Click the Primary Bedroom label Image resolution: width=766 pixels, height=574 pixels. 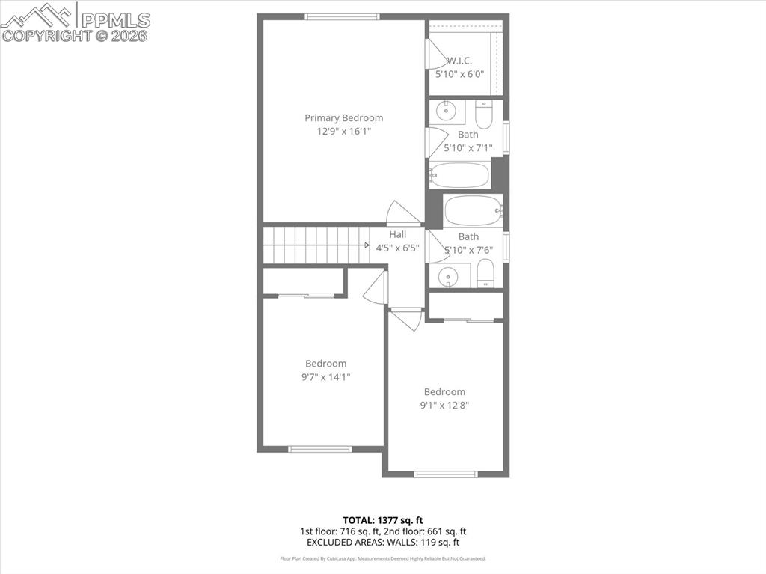tap(343, 117)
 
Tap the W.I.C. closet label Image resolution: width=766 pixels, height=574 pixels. tap(459, 61)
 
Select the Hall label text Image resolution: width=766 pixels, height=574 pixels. tap(397, 234)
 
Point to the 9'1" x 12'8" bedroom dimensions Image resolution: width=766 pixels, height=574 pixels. tap(444, 405)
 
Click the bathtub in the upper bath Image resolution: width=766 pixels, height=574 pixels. tap(460, 176)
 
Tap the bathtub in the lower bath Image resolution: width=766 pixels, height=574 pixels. tap(473, 210)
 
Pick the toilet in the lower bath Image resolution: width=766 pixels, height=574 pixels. tap(485, 274)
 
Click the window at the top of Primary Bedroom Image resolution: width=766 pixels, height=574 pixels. tap(342, 16)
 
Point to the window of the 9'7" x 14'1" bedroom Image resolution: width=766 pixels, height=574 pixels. tap(319, 449)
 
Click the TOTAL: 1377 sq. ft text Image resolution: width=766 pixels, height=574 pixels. tap(382, 520)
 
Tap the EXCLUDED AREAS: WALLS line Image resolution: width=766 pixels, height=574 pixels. tap(382, 542)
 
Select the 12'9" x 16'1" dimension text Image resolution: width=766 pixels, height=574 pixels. tap(343, 131)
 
